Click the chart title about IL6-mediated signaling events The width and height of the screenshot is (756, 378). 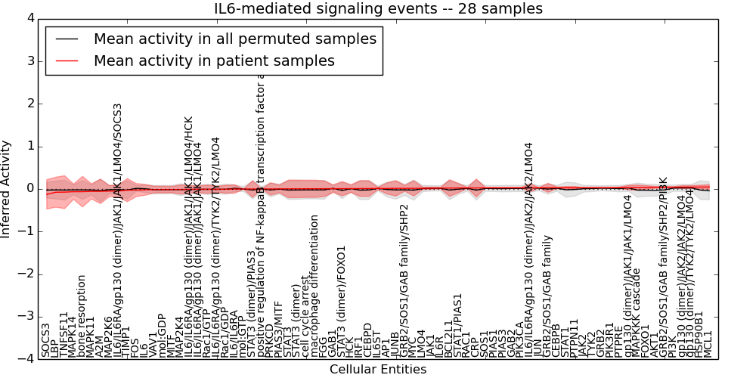point(378,9)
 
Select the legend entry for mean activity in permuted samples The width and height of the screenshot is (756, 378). point(234,39)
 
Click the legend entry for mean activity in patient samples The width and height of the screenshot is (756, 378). point(214,61)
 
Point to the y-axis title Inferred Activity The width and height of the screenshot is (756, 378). point(7,189)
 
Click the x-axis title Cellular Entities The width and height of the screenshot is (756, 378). point(378,370)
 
